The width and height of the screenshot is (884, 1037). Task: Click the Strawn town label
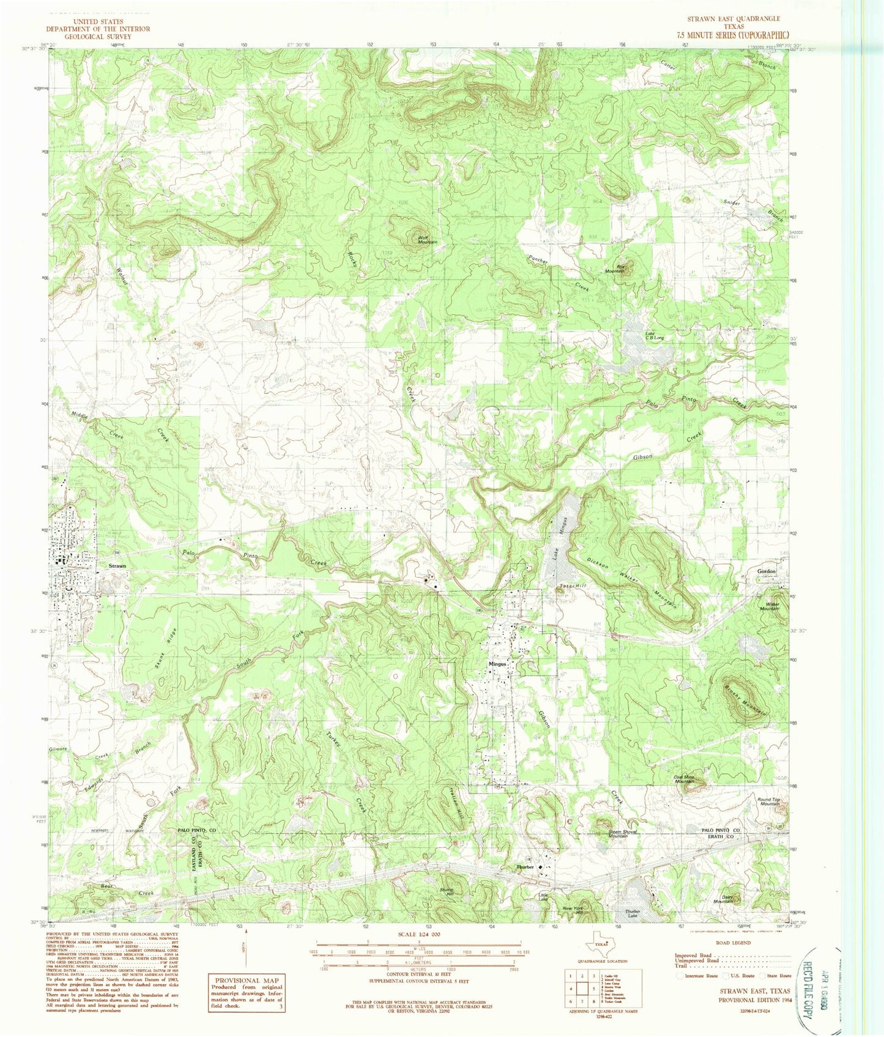tap(117, 566)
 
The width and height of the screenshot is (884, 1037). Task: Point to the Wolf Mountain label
tap(427, 240)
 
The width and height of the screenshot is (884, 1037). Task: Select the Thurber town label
tap(526, 867)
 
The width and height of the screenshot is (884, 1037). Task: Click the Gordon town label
tap(766, 571)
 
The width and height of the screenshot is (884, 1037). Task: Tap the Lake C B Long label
tap(654, 336)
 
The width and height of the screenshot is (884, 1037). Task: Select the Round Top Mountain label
tap(768, 801)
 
